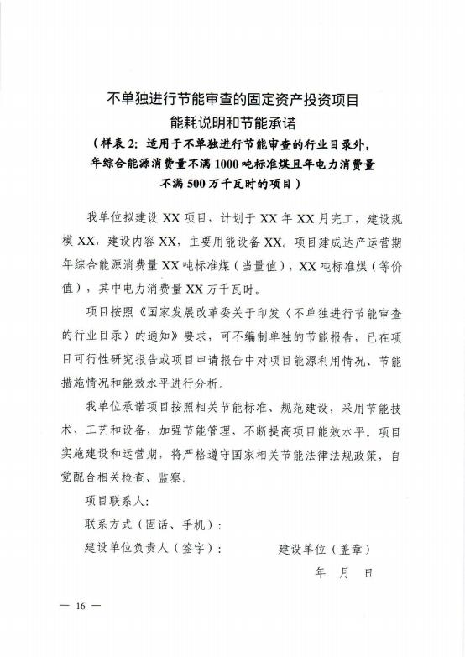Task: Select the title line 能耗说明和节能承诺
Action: (233, 122)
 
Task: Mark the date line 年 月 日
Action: (343, 572)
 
